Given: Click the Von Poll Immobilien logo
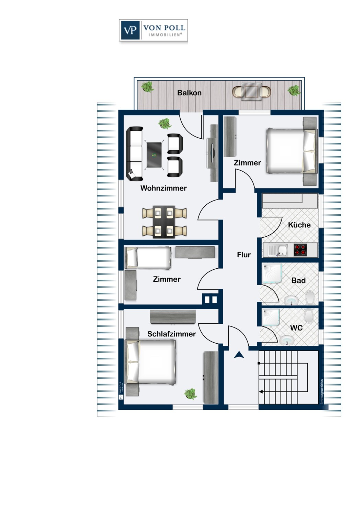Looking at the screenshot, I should [x=153, y=31].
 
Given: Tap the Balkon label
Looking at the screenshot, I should [x=189, y=93].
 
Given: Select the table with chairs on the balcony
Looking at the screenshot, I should [x=251, y=92].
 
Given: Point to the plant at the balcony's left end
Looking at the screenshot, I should [x=148, y=87].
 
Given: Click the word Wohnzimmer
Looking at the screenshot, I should [x=163, y=188].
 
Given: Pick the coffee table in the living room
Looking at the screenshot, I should [x=155, y=155].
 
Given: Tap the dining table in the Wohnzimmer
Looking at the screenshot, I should [x=164, y=222].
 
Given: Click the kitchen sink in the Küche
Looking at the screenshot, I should [x=282, y=250].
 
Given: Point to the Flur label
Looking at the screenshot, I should [x=244, y=255].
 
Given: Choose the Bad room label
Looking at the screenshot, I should [x=298, y=281].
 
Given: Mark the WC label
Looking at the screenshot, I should [x=296, y=328].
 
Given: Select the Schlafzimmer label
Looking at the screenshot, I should [x=172, y=334].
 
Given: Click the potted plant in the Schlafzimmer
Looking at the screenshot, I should [x=190, y=394].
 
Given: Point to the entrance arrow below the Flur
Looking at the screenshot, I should [x=239, y=355].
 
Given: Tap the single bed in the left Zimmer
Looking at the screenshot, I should [x=148, y=258].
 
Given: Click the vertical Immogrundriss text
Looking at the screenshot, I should [x=322, y=391].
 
